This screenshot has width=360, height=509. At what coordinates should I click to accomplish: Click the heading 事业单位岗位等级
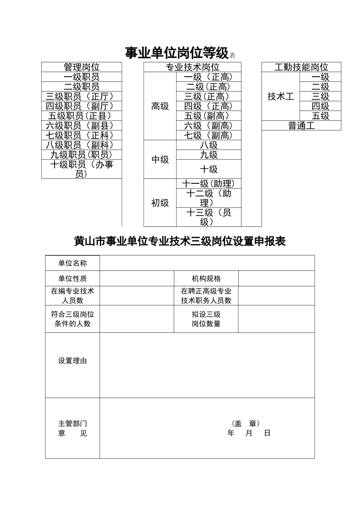point(177,53)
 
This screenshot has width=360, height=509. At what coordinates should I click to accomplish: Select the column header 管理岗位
point(81,67)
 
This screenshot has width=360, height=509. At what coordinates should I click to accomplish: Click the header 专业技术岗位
point(193,67)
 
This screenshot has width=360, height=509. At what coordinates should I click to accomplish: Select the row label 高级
point(160,106)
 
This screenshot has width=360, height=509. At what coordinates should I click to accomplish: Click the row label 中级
point(160,159)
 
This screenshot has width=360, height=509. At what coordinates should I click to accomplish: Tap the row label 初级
point(160,203)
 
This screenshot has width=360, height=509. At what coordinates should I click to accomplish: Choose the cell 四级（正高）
point(208,106)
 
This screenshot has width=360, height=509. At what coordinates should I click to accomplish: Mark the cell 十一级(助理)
point(208,184)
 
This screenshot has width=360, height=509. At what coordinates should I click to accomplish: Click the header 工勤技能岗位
point(301,67)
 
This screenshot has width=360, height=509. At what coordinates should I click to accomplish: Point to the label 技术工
point(280,97)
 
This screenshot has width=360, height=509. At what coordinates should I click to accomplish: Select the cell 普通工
point(301,126)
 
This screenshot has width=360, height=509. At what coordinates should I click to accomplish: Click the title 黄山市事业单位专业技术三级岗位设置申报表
point(180,241)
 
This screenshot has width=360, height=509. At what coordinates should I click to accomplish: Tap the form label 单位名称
point(72,263)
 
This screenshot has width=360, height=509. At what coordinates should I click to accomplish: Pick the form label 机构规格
point(206,279)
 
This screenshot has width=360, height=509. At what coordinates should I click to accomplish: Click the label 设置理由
point(72,361)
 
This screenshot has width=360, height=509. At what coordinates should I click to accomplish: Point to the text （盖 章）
point(245,423)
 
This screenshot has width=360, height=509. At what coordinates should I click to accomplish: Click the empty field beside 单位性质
point(137,279)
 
